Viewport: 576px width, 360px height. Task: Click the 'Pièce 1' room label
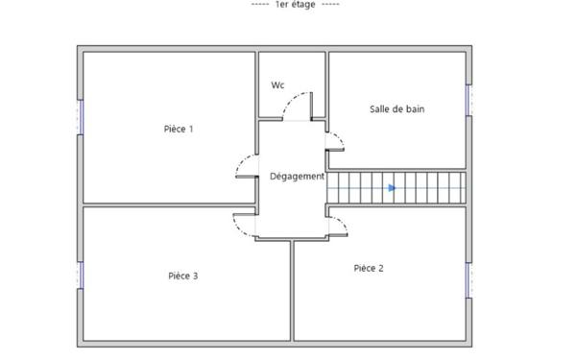point(179,129)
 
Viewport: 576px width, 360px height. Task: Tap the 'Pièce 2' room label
point(369,268)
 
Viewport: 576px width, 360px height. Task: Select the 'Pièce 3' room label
point(183,276)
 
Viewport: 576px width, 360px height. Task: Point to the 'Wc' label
point(277,85)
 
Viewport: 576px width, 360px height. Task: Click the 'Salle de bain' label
point(397,109)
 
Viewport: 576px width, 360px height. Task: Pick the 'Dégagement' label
point(298,177)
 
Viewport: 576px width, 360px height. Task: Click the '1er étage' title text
point(296,5)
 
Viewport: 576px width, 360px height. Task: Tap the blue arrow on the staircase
point(393,188)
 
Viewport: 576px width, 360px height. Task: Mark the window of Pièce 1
point(80,117)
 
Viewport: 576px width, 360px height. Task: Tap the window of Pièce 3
point(80,276)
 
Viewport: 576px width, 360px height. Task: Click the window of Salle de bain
point(468,100)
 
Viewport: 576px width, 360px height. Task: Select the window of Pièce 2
point(468,280)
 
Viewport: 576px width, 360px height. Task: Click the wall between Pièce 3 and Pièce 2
point(292,291)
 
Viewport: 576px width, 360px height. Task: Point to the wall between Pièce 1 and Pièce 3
point(169,205)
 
